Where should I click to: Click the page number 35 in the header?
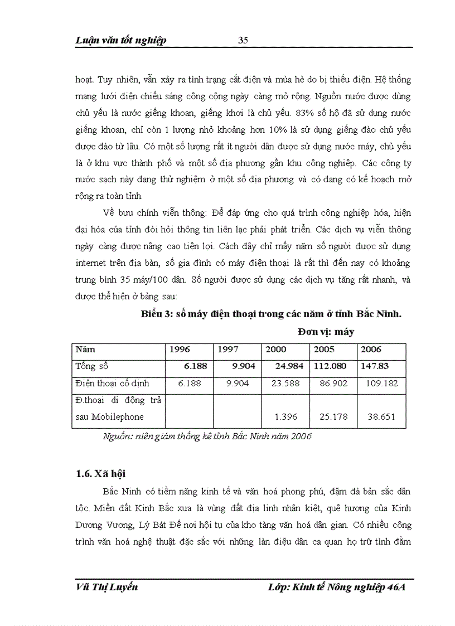point(243,40)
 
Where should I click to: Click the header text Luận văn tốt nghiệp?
point(120,40)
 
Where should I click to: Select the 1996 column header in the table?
point(180,350)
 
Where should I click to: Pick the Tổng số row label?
point(92,366)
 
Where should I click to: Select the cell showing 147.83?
point(375,366)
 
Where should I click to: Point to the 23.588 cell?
point(288,384)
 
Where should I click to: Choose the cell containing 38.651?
point(380,416)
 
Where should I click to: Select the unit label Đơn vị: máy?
point(326,331)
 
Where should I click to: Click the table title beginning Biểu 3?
point(270,314)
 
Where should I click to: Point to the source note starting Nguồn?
point(207,436)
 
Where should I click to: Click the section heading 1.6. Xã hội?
point(100,474)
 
